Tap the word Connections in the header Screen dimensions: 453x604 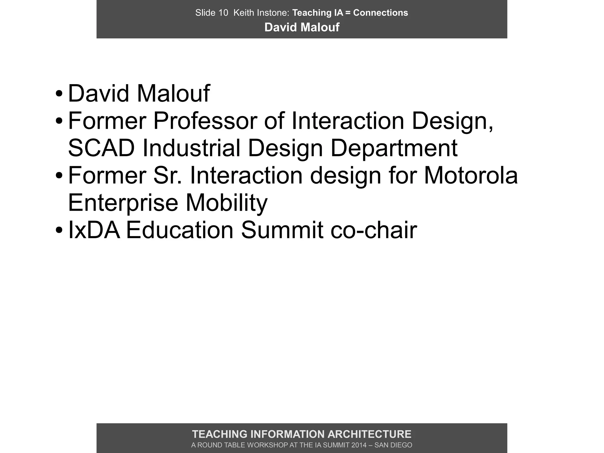coord(380,13)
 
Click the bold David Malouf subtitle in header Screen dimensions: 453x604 coord(302,27)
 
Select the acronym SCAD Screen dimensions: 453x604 coord(101,148)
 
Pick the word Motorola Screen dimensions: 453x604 coord(471,176)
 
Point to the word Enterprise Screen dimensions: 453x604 coord(123,203)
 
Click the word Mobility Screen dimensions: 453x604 coord(226,203)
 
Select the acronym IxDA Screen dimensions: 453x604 coord(94,230)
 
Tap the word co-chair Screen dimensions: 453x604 coord(374,230)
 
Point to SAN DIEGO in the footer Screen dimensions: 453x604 coord(393,445)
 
